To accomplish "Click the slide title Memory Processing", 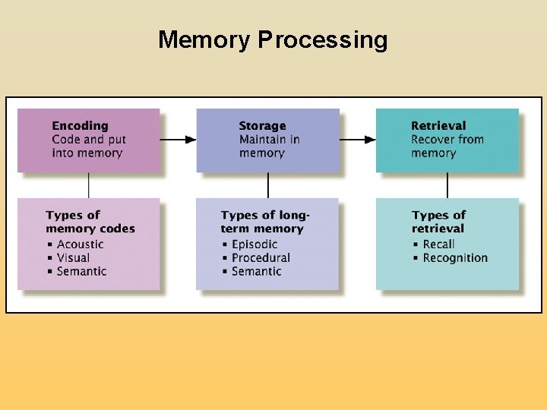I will tap(273, 39).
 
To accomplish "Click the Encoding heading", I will tap(80, 126).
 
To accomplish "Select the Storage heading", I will tap(262, 126).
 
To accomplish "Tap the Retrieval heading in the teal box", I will tap(438, 126).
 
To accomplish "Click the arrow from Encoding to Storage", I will tap(179, 140).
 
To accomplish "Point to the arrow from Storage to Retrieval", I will tap(358, 140).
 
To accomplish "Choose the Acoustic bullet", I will tap(80, 244).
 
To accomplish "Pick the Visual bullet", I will tap(73, 258).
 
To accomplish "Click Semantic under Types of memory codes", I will tap(81, 272).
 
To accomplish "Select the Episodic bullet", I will tap(255, 244).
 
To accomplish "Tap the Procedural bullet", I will tap(261, 258).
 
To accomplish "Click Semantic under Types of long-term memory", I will tap(256, 272).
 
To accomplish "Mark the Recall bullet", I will tap(438, 244).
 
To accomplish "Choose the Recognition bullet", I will tap(455, 258).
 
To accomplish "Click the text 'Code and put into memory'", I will tap(88, 147).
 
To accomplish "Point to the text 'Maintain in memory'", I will tap(269, 147).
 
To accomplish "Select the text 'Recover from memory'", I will tap(447, 147).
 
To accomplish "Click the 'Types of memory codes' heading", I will tap(90, 222).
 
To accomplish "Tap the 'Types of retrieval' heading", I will tap(438, 222).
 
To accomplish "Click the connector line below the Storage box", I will tap(268, 185).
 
